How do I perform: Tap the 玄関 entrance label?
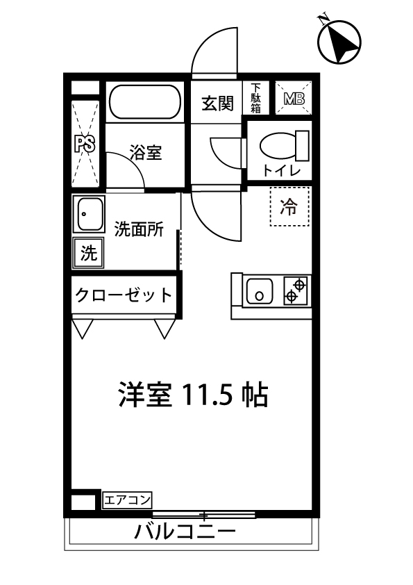click(217, 104)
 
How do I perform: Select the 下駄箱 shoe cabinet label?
click(256, 98)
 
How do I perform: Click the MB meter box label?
click(294, 98)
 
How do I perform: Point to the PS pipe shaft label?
click(85, 145)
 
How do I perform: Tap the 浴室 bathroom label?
click(146, 153)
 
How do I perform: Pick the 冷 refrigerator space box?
click(288, 206)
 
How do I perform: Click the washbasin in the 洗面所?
click(89, 215)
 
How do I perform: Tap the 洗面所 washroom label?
click(139, 229)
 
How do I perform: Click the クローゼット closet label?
click(124, 295)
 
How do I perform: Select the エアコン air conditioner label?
click(127, 500)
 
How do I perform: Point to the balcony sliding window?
click(204, 515)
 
